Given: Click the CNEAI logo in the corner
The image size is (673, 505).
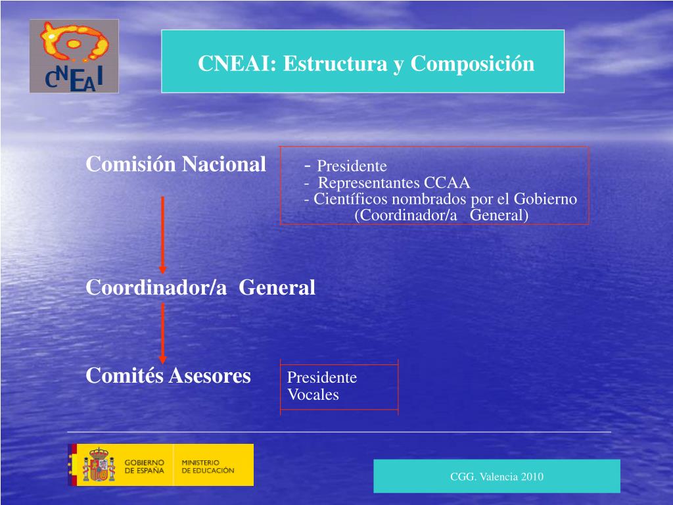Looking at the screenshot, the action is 74,56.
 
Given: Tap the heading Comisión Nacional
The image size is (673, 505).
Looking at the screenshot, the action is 176,164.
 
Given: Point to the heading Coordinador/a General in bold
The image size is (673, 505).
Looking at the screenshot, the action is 200,287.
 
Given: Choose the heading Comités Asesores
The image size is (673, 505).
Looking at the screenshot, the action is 168,375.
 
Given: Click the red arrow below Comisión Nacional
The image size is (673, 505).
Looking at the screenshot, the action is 162,234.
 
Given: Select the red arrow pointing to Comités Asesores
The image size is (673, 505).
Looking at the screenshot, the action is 162,333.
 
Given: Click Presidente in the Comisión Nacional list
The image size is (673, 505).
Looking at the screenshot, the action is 352,166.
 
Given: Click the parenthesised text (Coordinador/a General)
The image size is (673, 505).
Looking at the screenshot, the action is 441,215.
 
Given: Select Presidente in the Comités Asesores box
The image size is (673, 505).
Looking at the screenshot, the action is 322,377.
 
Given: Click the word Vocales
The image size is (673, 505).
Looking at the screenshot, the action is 313,395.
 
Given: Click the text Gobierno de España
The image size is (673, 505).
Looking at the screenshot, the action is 145,466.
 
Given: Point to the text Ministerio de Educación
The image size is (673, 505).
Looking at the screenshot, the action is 207,466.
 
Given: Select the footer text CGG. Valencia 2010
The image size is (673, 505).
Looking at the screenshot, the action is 496,477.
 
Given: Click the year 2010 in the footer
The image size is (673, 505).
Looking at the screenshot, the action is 531,477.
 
